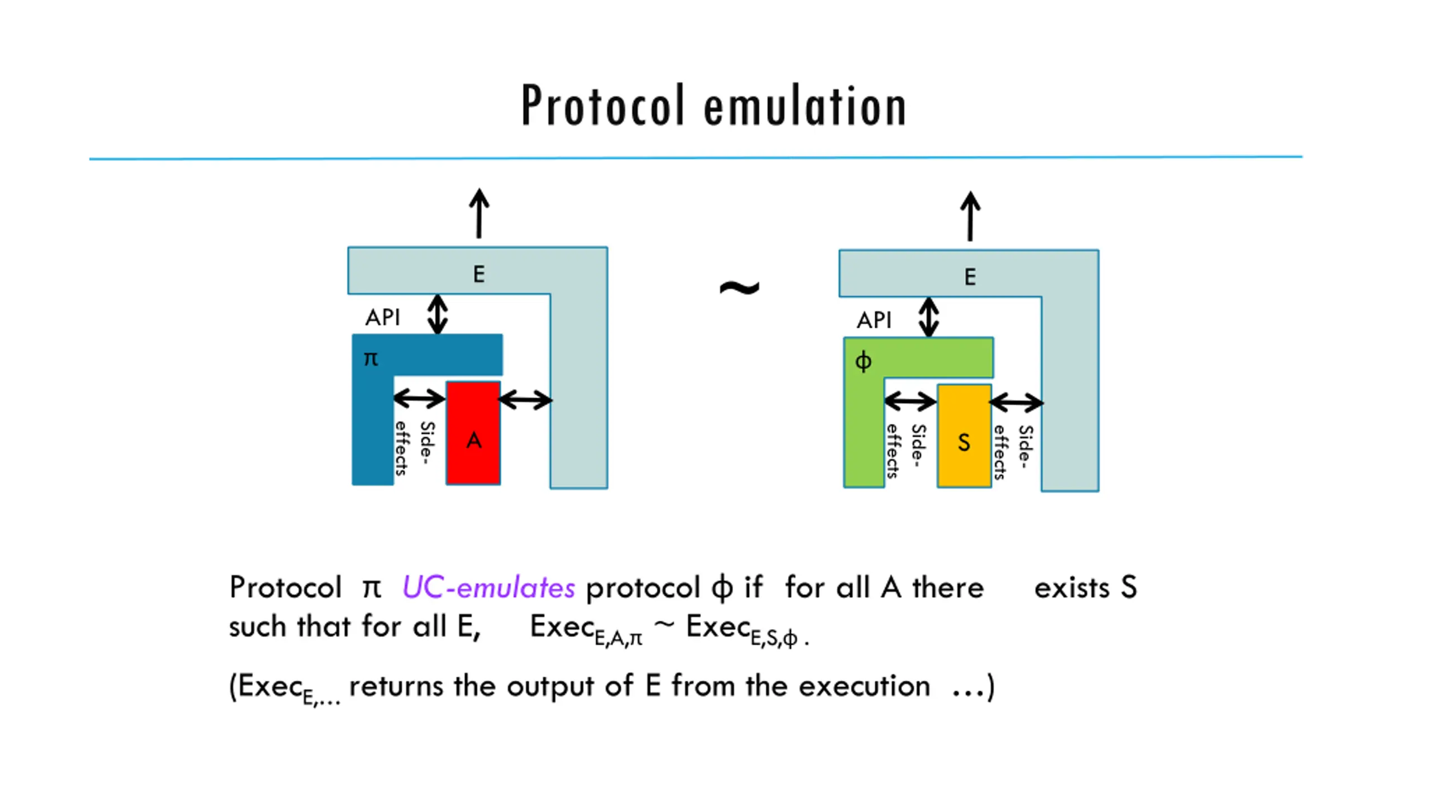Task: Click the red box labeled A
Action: click(473, 433)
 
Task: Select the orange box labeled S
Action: click(964, 435)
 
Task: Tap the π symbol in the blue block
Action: click(371, 358)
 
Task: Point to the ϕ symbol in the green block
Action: click(863, 361)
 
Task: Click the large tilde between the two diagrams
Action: click(739, 288)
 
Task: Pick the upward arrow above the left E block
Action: click(479, 213)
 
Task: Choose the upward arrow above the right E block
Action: click(970, 216)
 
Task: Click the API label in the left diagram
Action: click(383, 318)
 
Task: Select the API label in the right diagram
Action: click(874, 320)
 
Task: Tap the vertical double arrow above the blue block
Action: click(438, 314)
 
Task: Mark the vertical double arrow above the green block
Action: click(929, 317)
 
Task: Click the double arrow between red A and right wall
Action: click(525, 400)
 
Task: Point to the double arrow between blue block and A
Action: click(419, 399)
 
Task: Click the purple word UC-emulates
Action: click(488, 588)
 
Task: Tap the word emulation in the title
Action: click(804, 106)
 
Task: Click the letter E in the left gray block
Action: click(479, 274)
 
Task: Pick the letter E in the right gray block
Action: click(970, 277)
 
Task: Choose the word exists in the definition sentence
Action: click(1071, 588)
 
